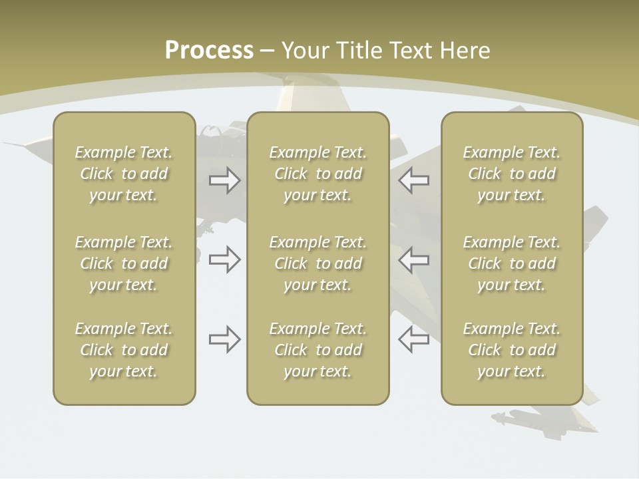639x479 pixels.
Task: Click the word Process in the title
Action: coord(209,50)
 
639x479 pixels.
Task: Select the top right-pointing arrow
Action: coord(224,180)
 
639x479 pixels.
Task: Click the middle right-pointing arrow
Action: coord(224,259)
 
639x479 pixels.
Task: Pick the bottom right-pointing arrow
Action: coord(224,339)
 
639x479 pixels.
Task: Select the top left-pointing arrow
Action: coord(413,180)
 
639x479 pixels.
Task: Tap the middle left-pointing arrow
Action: coord(413,259)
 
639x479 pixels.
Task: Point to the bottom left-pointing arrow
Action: coord(413,339)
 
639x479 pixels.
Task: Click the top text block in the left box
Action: coord(124,174)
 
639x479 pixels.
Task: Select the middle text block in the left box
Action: coord(124,263)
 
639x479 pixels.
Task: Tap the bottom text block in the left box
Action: coord(124,350)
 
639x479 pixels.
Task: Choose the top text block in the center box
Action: coord(318,174)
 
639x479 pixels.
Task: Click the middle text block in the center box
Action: coord(318,263)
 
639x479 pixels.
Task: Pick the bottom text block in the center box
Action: coord(318,350)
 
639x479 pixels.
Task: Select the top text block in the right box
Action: coord(511,174)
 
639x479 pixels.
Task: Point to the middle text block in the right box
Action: coord(511,263)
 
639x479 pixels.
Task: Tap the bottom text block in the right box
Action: coord(511,350)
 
